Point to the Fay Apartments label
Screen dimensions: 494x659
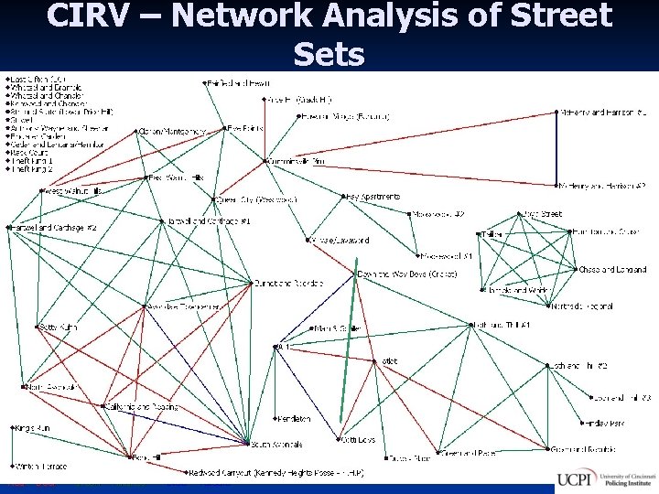[x=373, y=197]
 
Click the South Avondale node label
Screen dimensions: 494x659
[x=276, y=445]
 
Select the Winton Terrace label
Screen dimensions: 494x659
[x=40, y=465]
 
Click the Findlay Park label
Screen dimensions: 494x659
[x=605, y=423]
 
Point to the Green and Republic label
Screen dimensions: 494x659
[x=591, y=449]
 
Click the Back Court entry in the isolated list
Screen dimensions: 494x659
[x=31, y=153]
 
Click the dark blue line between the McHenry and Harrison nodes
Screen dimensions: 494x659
[x=558, y=149]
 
